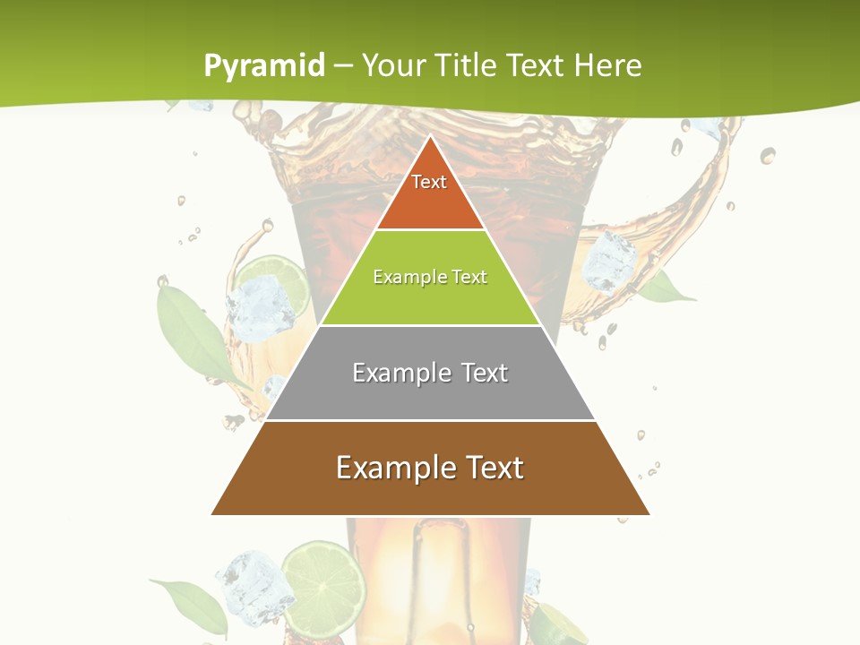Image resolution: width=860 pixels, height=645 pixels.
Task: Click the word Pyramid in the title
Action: tap(264, 65)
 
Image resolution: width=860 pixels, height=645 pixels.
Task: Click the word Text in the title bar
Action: tap(536, 65)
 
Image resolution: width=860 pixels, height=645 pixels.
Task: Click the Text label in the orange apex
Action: tap(429, 182)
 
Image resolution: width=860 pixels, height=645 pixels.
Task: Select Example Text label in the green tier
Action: tap(430, 277)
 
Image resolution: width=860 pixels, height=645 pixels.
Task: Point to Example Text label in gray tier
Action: tap(430, 373)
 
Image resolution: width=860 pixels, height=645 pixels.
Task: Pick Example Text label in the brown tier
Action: tap(430, 468)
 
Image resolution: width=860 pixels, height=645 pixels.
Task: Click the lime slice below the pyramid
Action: tap(322, 580)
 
